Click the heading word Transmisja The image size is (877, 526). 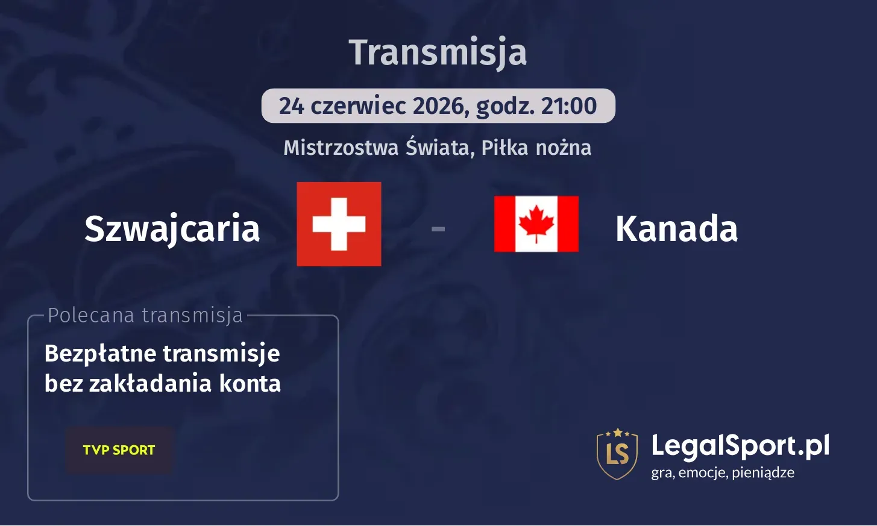(438, 52)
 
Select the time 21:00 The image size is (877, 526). (568, 106)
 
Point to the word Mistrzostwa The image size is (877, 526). (341, 148)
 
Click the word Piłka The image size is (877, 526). (505, 148)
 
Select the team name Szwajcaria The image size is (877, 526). (172, 229)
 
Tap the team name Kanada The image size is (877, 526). (676, 229)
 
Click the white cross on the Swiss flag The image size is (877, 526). (339, 224)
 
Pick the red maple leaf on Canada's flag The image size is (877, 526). (536, 223)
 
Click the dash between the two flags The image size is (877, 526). (438, 229)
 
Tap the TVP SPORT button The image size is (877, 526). (119, 450)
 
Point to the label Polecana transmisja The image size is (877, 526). (145, 315)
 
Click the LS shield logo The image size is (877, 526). (617, 454)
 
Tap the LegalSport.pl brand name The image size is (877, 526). (740, 446)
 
